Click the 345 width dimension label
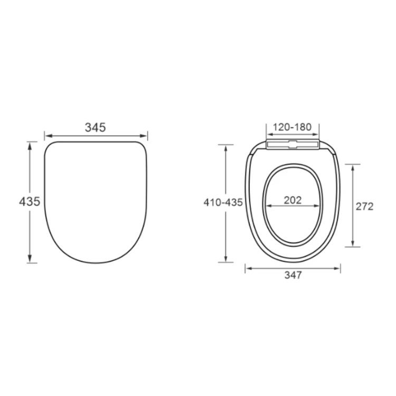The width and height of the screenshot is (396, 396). [96, 127]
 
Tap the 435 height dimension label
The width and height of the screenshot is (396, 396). [30, 202]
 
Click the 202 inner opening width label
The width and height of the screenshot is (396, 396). [293, 200]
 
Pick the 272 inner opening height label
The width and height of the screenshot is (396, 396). [364, 206]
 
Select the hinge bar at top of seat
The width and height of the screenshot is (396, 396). [293, 144]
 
